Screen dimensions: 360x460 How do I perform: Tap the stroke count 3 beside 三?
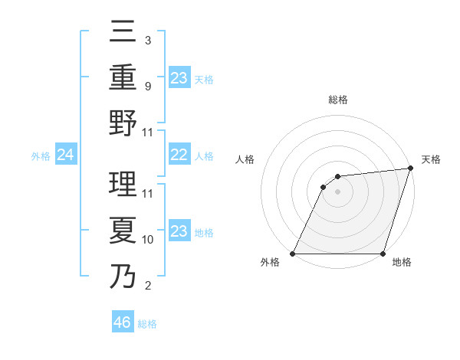coord(147,40)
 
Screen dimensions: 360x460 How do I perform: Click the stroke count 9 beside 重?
coord(147,86)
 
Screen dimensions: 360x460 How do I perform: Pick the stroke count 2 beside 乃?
coord(147,286)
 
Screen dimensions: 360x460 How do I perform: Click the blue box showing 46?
coord(123,322)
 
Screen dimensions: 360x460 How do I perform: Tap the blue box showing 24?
coord(65,155)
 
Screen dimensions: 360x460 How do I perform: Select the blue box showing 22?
coord(179,155)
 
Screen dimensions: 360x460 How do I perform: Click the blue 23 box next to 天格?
coord(179,77)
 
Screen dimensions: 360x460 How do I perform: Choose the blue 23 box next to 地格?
coord(179,231)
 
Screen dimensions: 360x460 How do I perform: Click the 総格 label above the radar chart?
coord(337,100)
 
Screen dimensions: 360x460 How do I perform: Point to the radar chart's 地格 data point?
coord(383,254)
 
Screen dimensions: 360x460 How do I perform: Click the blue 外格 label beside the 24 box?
coord(41,156)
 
